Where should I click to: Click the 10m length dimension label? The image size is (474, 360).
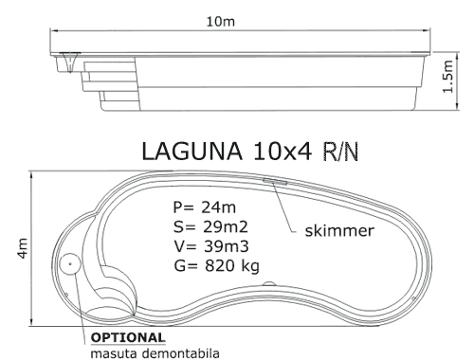pyautogui.click(x=221, y=22)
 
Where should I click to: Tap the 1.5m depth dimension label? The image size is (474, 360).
pyautogui.click(x=448, y=77)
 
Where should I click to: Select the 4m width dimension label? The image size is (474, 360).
pyautogui.click(x=23, y=248)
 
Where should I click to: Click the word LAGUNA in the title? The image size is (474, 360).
pyautogui.click(x=192, y=152)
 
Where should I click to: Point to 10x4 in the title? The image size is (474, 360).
pyautogui.click(x=283, y=152)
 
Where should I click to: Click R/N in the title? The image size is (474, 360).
pyautogui.click(x=340, y=152)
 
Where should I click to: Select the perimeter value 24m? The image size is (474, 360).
pyautogui.click(x=218, y=207)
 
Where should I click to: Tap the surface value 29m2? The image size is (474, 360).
pyautogui.click(x=226, y=226)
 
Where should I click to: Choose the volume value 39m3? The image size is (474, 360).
pyautogui.click(x=227, y=246)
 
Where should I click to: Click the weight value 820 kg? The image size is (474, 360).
pyautogui.click(x=232, y=266)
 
